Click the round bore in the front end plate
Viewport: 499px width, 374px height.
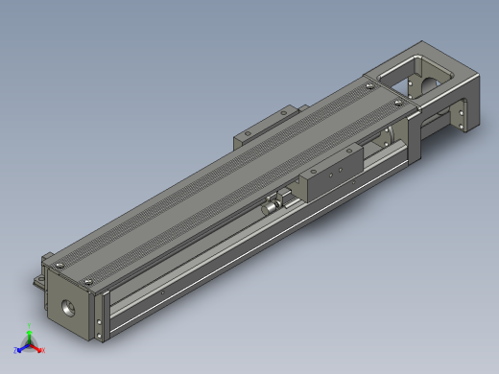[x=69, y=310]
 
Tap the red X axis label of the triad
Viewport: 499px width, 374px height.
[x=43, y=350]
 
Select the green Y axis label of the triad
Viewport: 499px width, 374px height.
[x=30, y=326]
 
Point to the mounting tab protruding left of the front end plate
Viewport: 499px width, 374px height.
[x=37, y=280]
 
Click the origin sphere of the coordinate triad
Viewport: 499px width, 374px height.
[x=30, y=344]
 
